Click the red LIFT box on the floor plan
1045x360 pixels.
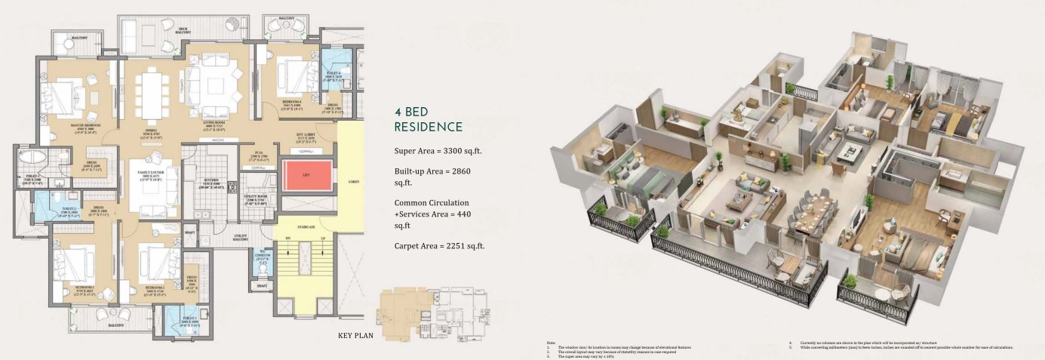[x=306, y=177]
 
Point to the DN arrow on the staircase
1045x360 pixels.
[x=287, y=238]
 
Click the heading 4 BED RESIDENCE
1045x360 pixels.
[x=428, y=118]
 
